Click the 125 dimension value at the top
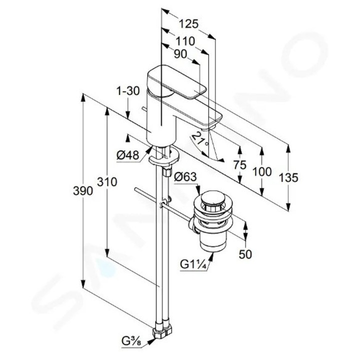[188, 23]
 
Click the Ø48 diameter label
[127, 155]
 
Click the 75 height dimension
[240, 165]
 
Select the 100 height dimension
[262, 171]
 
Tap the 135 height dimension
[288, 176]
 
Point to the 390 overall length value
[83, 191]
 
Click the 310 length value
[107, 182]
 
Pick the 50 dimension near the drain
[245, 254]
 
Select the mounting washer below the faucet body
[163, 160]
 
